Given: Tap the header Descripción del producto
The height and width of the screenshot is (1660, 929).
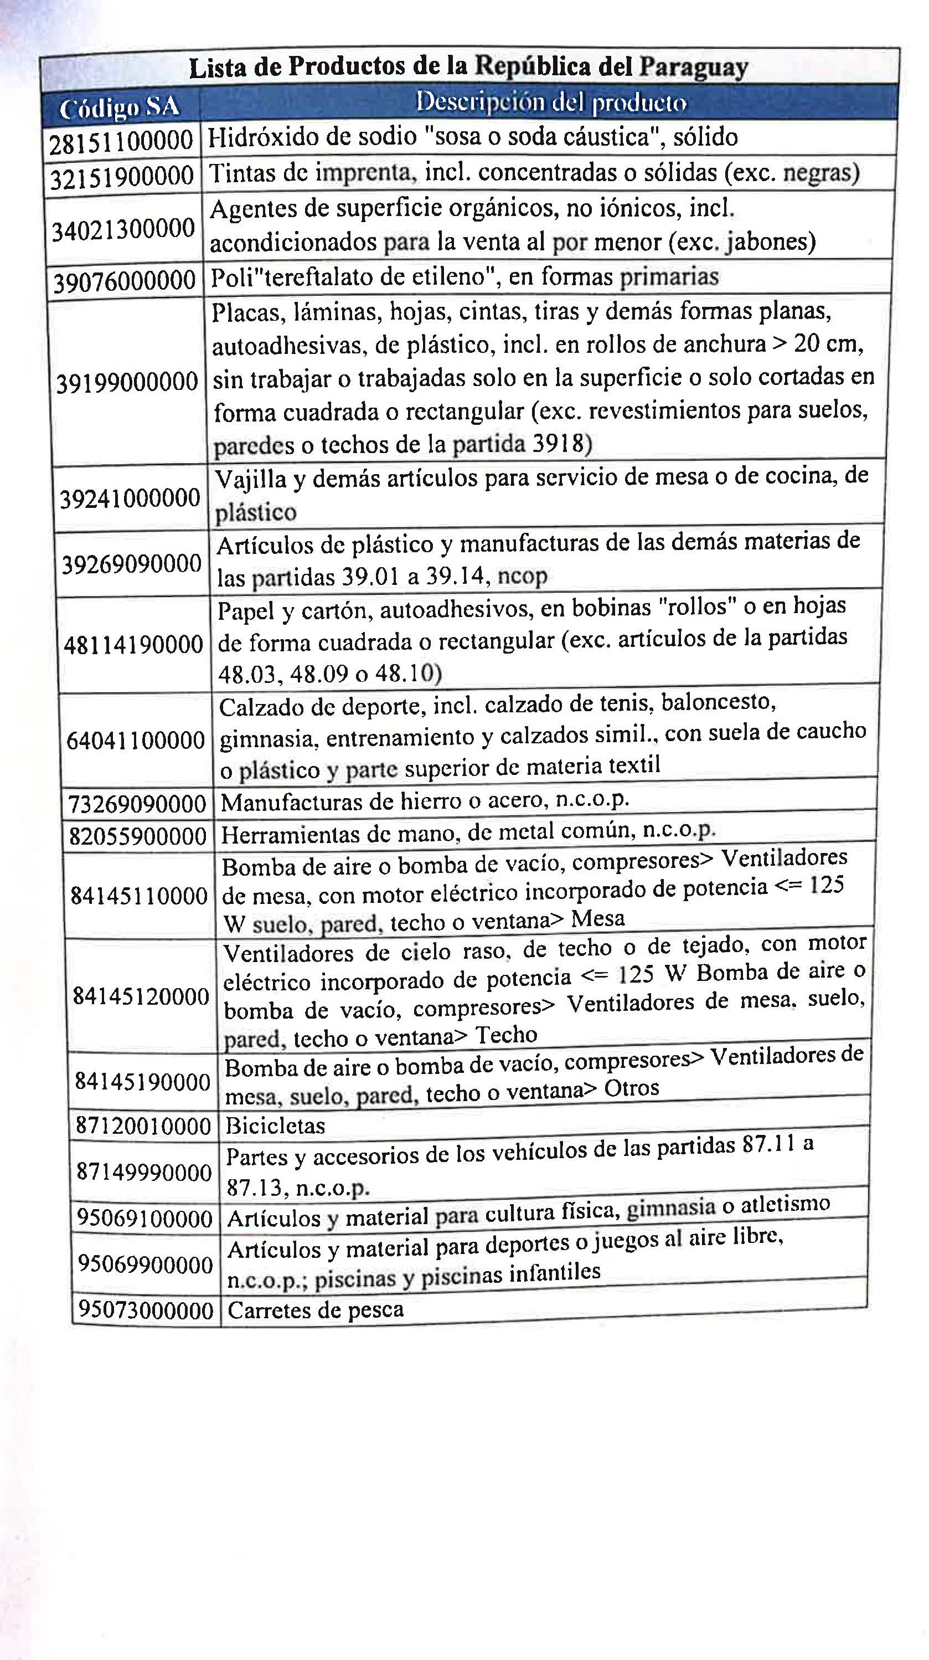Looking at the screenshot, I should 551,102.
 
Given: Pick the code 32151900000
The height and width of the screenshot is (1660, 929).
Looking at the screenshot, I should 122,177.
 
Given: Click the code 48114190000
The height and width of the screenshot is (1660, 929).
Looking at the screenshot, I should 133,644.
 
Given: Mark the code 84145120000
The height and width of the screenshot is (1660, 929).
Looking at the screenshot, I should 141,996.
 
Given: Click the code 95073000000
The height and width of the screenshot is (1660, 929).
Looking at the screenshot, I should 146,1309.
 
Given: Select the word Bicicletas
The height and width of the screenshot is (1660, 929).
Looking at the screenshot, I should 275,1125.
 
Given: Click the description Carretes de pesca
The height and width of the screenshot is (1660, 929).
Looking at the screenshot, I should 316,1309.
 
